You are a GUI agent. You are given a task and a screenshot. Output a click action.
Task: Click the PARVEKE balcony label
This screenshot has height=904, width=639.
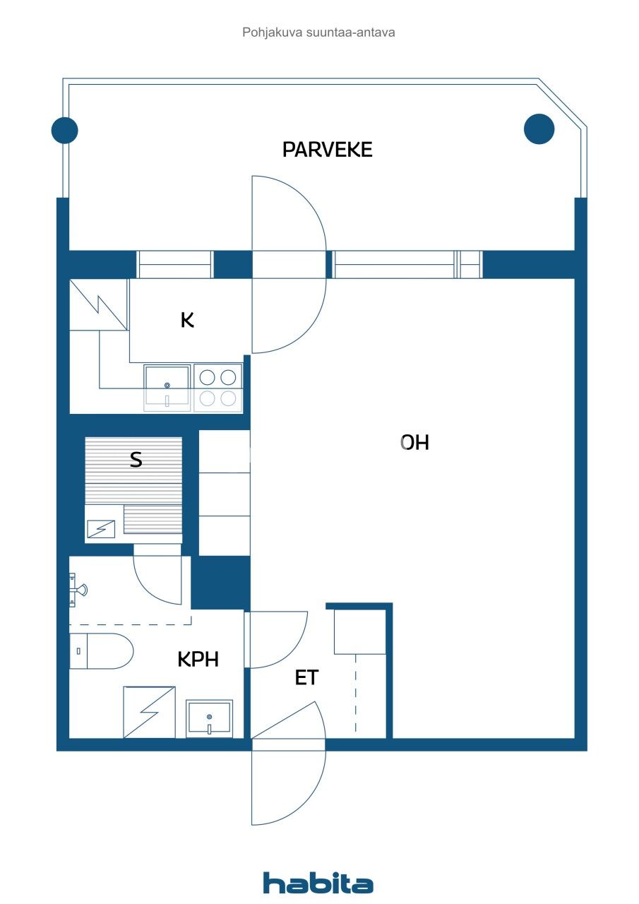click(327, 150)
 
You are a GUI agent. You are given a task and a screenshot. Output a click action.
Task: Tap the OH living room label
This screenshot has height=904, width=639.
click(414, 443)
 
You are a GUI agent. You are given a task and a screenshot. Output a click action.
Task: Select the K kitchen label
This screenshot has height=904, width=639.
click(187, 321)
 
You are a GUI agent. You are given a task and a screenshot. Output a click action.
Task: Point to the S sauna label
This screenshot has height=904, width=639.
click(136, 460)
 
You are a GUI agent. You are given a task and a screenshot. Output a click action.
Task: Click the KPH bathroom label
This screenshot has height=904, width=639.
click(198, 660)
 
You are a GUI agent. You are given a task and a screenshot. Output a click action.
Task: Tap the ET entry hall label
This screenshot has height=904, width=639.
click(306, 678)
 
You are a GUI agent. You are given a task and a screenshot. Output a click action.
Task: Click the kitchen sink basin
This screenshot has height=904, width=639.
click(167, 386)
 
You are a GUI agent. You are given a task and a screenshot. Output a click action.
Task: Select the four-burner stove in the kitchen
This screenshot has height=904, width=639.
click(217, 387)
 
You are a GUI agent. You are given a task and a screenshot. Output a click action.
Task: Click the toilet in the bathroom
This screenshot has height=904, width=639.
click(101, 651)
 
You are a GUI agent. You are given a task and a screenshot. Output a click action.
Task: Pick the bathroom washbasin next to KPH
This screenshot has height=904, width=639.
click(209, 718)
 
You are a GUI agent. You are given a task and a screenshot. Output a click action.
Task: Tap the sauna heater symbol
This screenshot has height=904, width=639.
click(101, 528)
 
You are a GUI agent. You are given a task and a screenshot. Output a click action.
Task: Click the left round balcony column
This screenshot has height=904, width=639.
click(65, 130)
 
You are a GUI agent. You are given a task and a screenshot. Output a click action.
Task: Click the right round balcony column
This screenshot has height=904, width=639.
click(539, 129)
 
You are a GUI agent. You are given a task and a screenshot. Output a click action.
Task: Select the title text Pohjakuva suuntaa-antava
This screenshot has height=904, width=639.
click(318, 32)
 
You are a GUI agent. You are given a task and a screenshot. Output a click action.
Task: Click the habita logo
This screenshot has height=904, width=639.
click(318, 884)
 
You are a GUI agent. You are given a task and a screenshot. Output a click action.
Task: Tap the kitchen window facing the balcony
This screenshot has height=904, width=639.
click(174, 264)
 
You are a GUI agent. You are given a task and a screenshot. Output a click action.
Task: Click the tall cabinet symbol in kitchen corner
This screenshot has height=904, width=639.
click(98, 304)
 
